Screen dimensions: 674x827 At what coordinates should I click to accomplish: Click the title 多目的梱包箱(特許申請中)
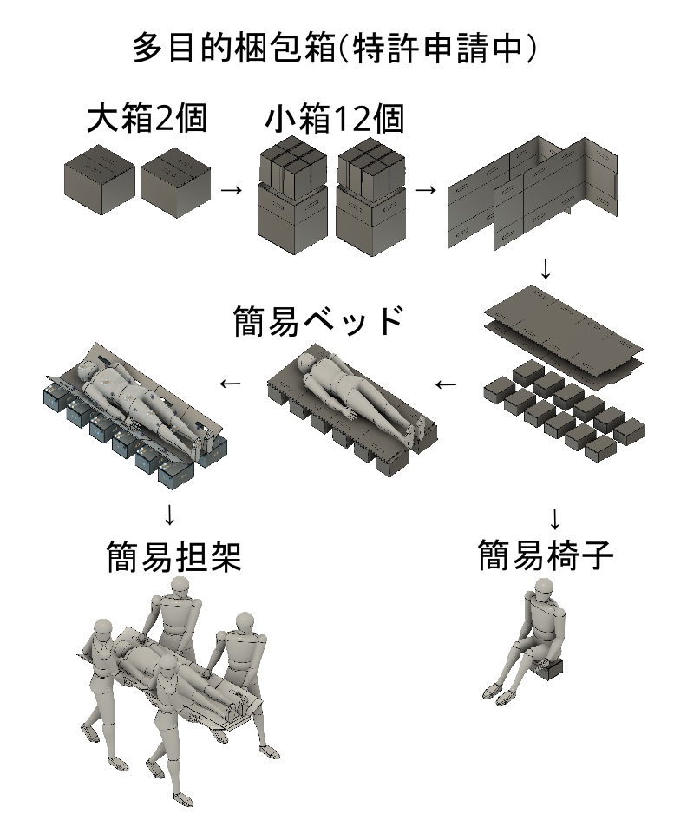pyautogui.click(x=334, y=48)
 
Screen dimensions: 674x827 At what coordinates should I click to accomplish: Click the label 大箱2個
pyautogui.click(x=147, y=118)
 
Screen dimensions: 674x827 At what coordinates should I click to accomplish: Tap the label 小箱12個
pyautogui.click(x=335, y=119)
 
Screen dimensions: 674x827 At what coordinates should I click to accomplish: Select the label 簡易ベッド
pyautogui.click(x=318, y=320)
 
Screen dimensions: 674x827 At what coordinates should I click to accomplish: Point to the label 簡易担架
pyautogui.click(x=174, y=556)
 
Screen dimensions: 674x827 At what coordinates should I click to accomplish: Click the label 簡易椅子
pyautogui.click(x=546, y=555)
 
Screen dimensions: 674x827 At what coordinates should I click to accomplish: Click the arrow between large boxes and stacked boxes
pyautogui.click(x=231, y=189)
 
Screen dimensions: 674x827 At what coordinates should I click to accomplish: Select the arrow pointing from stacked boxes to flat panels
pyautogui.click(x=426, y=189)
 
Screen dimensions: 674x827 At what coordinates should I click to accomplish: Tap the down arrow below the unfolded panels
pyautogui.click(x=546, y=269)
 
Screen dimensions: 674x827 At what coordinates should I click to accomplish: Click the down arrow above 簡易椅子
pyautogui.click(x=554, y=519)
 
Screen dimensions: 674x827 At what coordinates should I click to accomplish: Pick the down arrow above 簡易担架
pyautogui.click(x=169, y=515)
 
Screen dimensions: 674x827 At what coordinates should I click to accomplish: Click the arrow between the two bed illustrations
pyautogui.click(x=230, y=384)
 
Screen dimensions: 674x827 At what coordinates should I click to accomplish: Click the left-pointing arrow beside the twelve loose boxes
pyautogui.click(x=446, y=384)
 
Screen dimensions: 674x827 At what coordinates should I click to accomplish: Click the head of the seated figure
pyautogui.click(x=544, y=588)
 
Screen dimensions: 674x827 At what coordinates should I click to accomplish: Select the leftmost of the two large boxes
pyautogui.click(x=99, y=180)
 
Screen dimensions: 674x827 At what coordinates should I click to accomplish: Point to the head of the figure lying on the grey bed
pyautogui.click(x=306, y=362)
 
